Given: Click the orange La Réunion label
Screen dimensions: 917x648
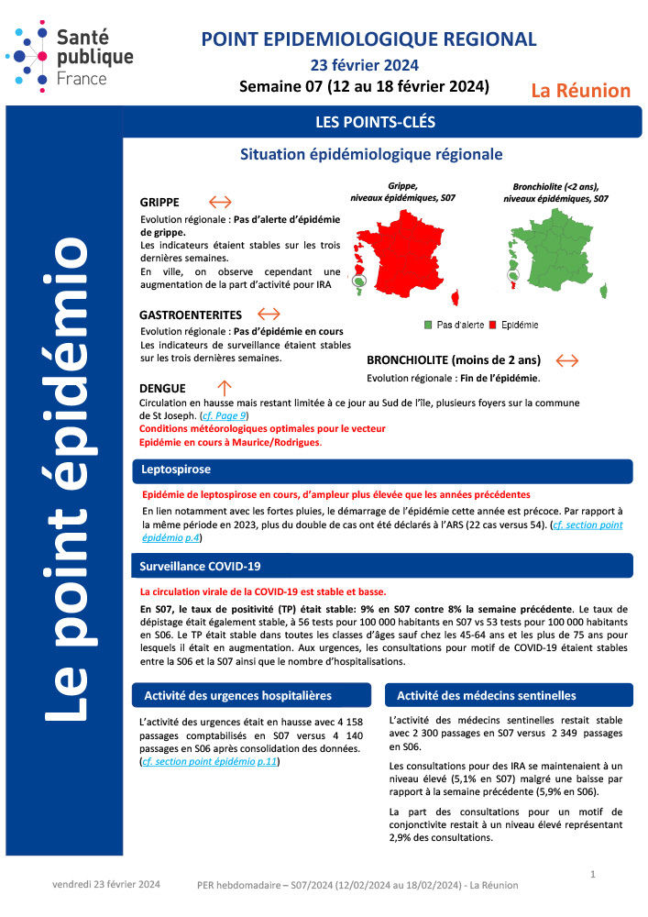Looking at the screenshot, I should [x=581, y=90].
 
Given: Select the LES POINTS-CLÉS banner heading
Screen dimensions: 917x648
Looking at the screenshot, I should [x=375, y=121].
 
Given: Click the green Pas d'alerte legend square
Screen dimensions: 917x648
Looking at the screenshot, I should [x=428, y=325].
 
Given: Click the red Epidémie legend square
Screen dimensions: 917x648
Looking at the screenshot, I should [x=492, y=325].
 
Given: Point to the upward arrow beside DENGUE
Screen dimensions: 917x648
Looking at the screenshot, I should [x=225, y=387].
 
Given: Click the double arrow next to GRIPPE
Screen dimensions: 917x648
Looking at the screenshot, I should [x=220, y=202].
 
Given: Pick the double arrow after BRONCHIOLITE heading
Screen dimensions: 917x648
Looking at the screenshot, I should [x=567, y=360].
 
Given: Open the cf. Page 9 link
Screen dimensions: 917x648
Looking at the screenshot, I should [x=225, y=416].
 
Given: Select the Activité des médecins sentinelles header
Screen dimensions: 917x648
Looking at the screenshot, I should [x=487, y=695].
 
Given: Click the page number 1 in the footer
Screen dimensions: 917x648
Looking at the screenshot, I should [x=593, y=874].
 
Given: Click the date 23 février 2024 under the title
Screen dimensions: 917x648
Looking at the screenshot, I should [x=364, y=65].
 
